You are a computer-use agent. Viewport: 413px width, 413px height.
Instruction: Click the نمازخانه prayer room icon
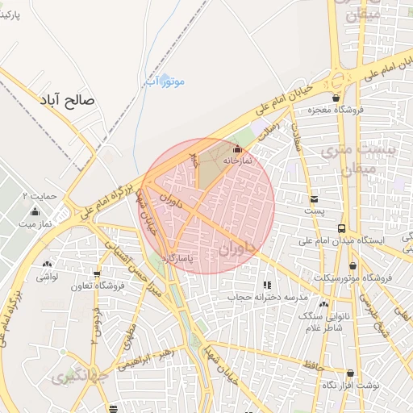pyautogui.click(x=236, y=149)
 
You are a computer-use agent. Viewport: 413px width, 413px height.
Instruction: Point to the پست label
pyautogui.click(x=314, y=211)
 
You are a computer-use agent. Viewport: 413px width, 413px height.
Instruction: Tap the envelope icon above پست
pyautogui.click(x=314, y=198)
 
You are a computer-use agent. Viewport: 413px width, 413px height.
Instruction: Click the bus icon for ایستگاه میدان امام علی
pyautogui.click(x=342, y=228)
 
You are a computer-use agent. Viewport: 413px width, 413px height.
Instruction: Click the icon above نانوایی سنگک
pyautogui.click(x=323, y=304)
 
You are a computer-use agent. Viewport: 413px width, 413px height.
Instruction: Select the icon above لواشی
pyautogui.click(x=47, y=264)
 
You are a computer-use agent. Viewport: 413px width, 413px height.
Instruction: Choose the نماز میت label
pyautogui.click(x=33, y=223)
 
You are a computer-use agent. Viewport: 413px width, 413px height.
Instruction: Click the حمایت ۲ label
pyautogui.click(x=40, y=196)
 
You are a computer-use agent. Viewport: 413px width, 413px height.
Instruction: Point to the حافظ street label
pyautogui.click(x=314, y=366)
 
